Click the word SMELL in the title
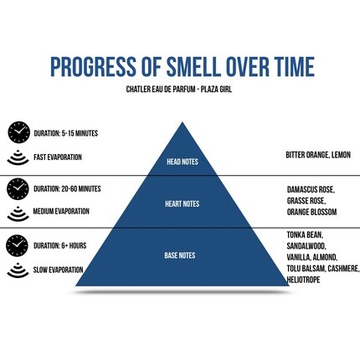[x=193, y=66]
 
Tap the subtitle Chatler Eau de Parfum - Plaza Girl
[x=179, y=90]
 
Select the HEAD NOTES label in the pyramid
[x=183, y=162]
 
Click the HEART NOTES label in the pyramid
[x=183, y=204]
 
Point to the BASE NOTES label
[x=180, y=255]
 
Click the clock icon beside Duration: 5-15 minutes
[x=19, y=132]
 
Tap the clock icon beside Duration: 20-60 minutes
[x=18, y=189]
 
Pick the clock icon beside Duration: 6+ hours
[x=18, y=245]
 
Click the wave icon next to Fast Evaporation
[x=18, y=157]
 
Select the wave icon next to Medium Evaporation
[x=18, y=213]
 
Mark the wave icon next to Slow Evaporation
[x=18, y=270]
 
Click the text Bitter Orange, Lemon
[x=318, y=155]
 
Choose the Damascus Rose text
[x=311, y=190]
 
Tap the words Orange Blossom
[x=312, y=212]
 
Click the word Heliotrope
[x=303, y=280]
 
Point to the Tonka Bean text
[x=305, y=235]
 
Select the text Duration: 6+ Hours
[x=60, y=245]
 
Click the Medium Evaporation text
[x=61, y=211]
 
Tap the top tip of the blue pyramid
[x=183, y=122]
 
